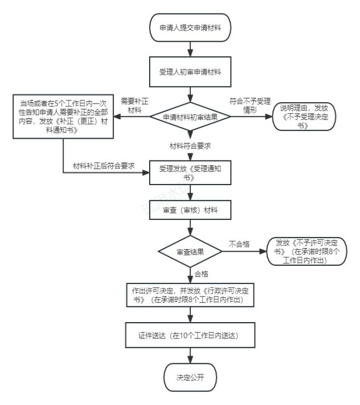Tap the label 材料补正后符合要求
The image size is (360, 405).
tap(104, 166)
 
